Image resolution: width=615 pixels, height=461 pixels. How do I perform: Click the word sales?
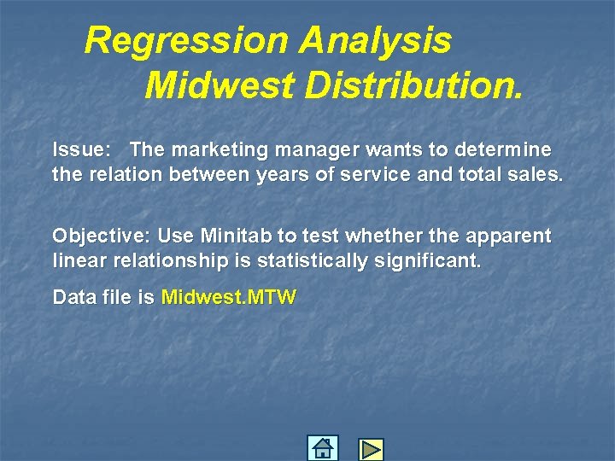(x=537, y=176)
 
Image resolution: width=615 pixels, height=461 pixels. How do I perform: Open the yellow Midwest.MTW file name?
(x=229, y=298)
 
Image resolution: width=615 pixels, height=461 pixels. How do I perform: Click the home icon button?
(x=322, y=448)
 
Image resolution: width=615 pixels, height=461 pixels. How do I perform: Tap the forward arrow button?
(x=371, y=449)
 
